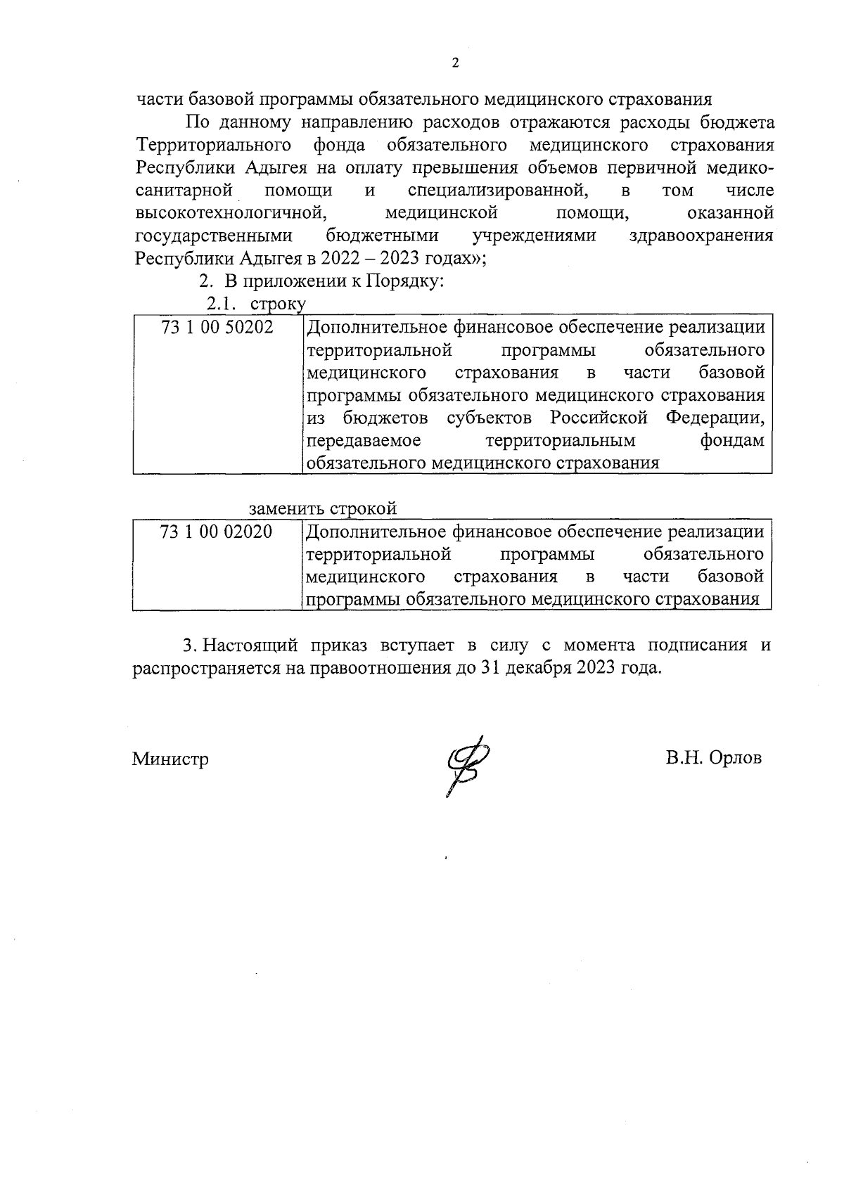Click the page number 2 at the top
click(x=454, y=63)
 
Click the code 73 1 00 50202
click(x=217, y=328)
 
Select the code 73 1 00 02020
click(x=217, y=532)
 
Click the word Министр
click(x=170, y=759)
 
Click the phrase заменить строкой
click(x=323, y=508)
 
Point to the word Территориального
click(x=214, y=146)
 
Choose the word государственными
click(x=213, y=236)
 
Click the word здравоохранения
click(x=702, y=236)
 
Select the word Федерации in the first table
click(x=715, y=418)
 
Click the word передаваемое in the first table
click(x=365, y=441)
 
